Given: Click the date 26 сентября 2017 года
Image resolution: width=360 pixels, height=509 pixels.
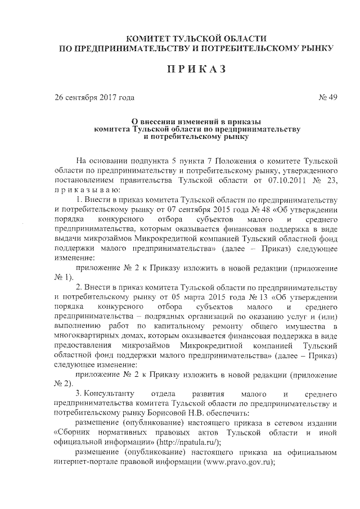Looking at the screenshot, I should pyautogui.click(x=94, y=98).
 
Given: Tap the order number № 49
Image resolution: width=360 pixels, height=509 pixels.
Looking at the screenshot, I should pyautogui.click(x=327, y=98).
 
